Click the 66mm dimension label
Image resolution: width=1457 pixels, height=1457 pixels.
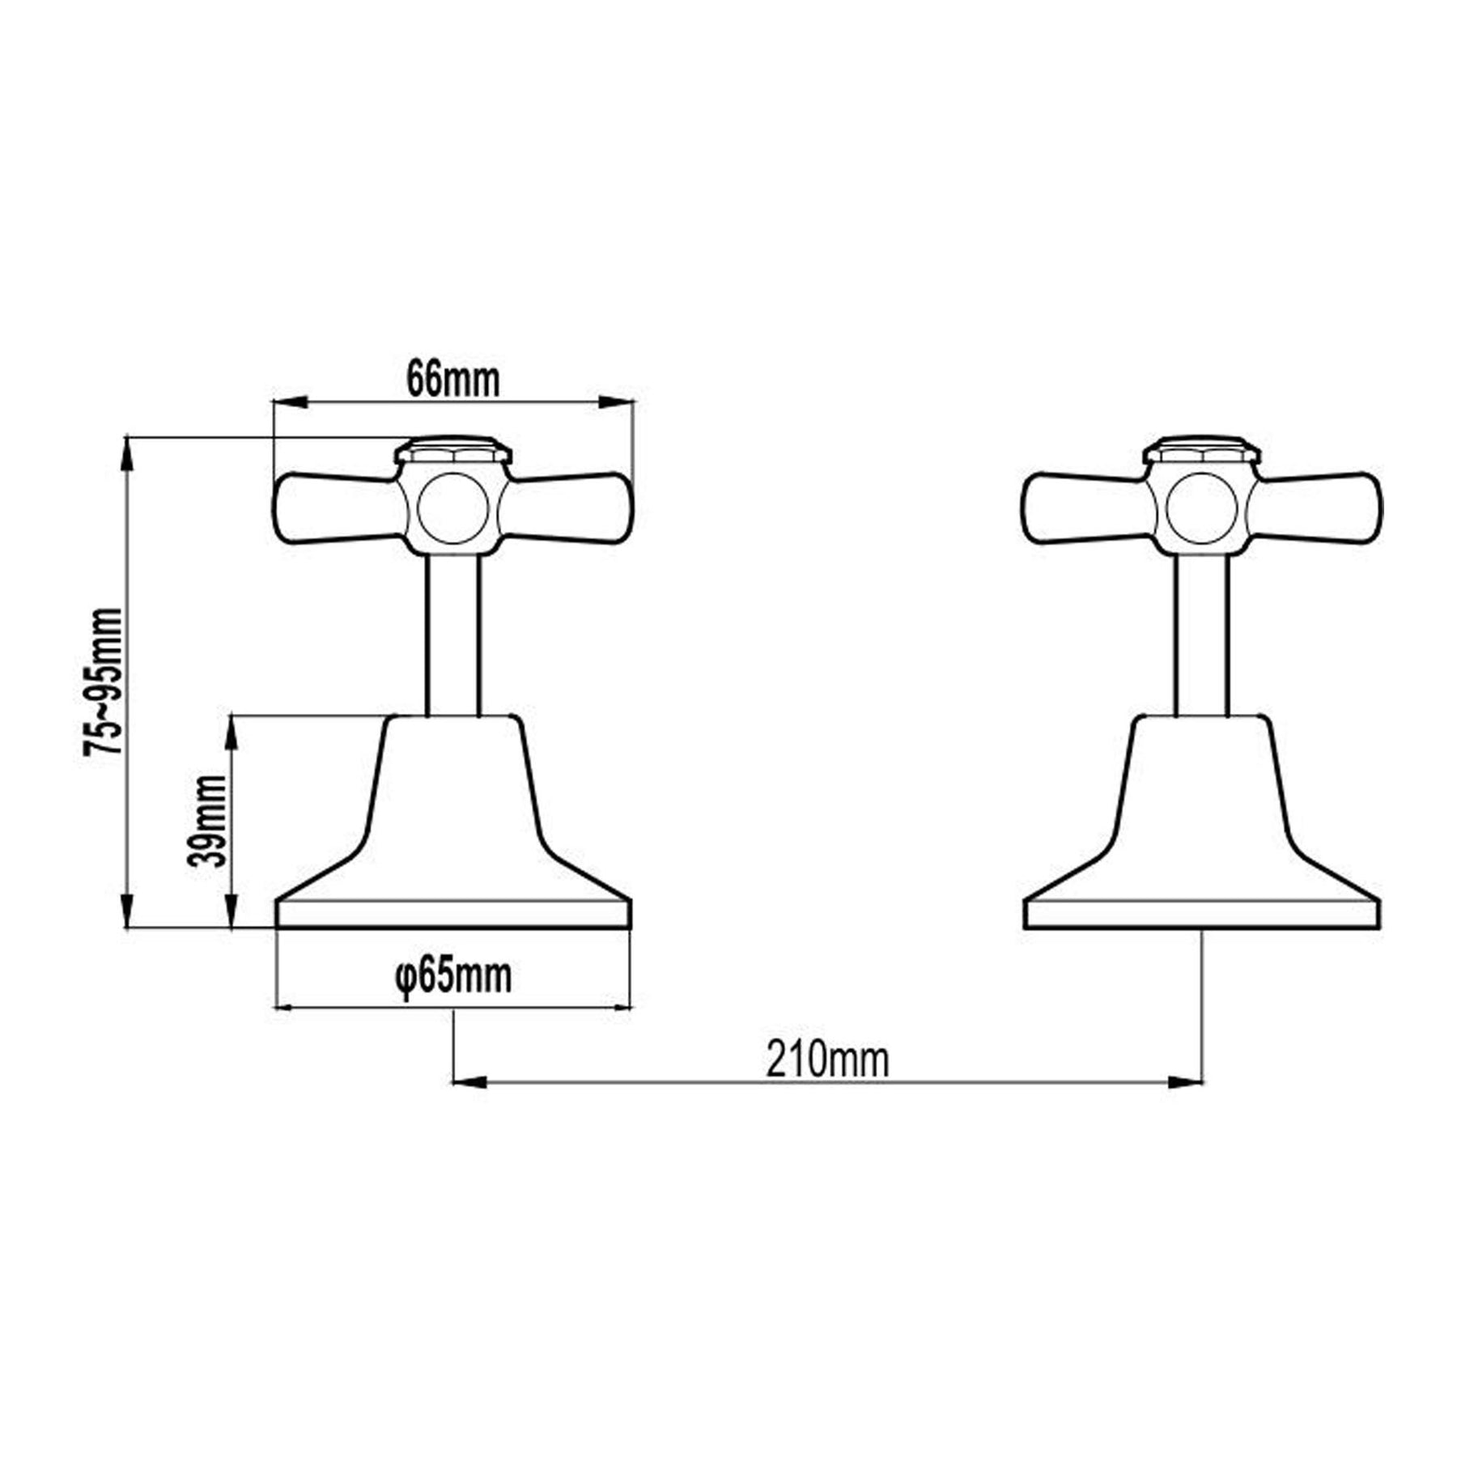pos(453,379)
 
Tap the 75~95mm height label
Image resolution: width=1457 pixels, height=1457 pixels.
pos(104,682)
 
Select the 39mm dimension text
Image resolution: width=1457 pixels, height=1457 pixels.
pos(206,821)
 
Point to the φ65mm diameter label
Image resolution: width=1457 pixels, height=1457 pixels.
pos(453,976)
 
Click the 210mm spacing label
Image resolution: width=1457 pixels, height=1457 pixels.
pos(827,1060)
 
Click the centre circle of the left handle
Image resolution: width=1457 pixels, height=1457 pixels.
pos(453,509)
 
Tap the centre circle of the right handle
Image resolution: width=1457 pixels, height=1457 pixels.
pos(1202,509)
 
